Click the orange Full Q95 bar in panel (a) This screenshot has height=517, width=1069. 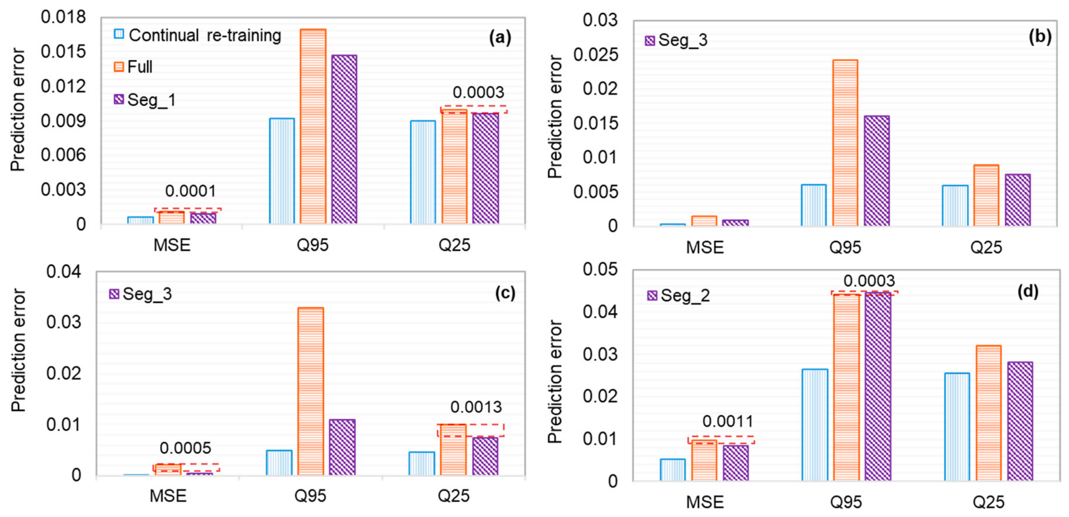click(x=313, y=127)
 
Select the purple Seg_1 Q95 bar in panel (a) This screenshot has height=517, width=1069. click(x=344, y=139)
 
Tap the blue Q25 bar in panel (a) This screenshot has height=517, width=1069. click(x=423, y=172)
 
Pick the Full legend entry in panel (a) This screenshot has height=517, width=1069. click(x=133, y=66)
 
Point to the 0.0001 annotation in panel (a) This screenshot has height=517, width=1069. click(x=190, y=191)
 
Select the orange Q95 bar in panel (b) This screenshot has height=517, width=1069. click(x=845, y=143)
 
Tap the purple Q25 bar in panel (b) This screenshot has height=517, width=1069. click(x=1018, y=200)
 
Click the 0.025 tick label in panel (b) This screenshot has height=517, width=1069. click(x=596, y=54)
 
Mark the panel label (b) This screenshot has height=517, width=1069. click(x=1040, y=37)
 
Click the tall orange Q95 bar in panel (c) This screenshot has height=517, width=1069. click(x=310, y=391)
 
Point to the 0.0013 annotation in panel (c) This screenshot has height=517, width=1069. click(x=476, y=407)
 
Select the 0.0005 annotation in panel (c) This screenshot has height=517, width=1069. click(x=185, y=448)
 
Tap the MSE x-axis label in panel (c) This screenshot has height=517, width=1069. click(x=168, y=495)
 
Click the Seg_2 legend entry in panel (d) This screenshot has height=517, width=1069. click(x=679, y=295)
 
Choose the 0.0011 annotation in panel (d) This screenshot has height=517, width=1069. click(x=728, y=421)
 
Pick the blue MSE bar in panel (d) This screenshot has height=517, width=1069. click(x=673, y=470)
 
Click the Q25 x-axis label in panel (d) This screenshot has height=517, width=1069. click(x=989, y=502)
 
